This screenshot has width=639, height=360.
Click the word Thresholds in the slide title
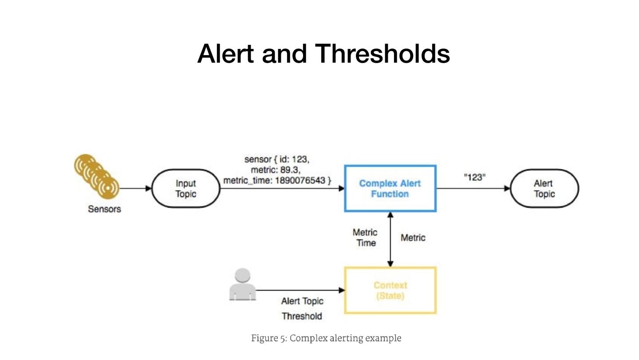[383, 53]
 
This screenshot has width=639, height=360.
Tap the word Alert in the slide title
[225, 53]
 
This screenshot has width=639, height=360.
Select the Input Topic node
[186, 188]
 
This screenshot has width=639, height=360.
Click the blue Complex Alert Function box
[390, 188]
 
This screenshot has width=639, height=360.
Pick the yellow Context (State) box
[390, 291]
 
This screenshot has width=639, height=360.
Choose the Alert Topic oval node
[544, 188]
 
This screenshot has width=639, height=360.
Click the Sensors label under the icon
[104, 209]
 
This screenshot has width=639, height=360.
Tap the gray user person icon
[242, 284]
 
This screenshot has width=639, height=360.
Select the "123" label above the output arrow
[475, 177]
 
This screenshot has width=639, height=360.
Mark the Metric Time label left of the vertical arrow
[365, 238]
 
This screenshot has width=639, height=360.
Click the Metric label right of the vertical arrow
[413, 238]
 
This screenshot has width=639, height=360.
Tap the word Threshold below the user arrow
[302, 316]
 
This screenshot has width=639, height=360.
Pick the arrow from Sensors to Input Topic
[135, 188]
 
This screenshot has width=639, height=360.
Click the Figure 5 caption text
[326, 338]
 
